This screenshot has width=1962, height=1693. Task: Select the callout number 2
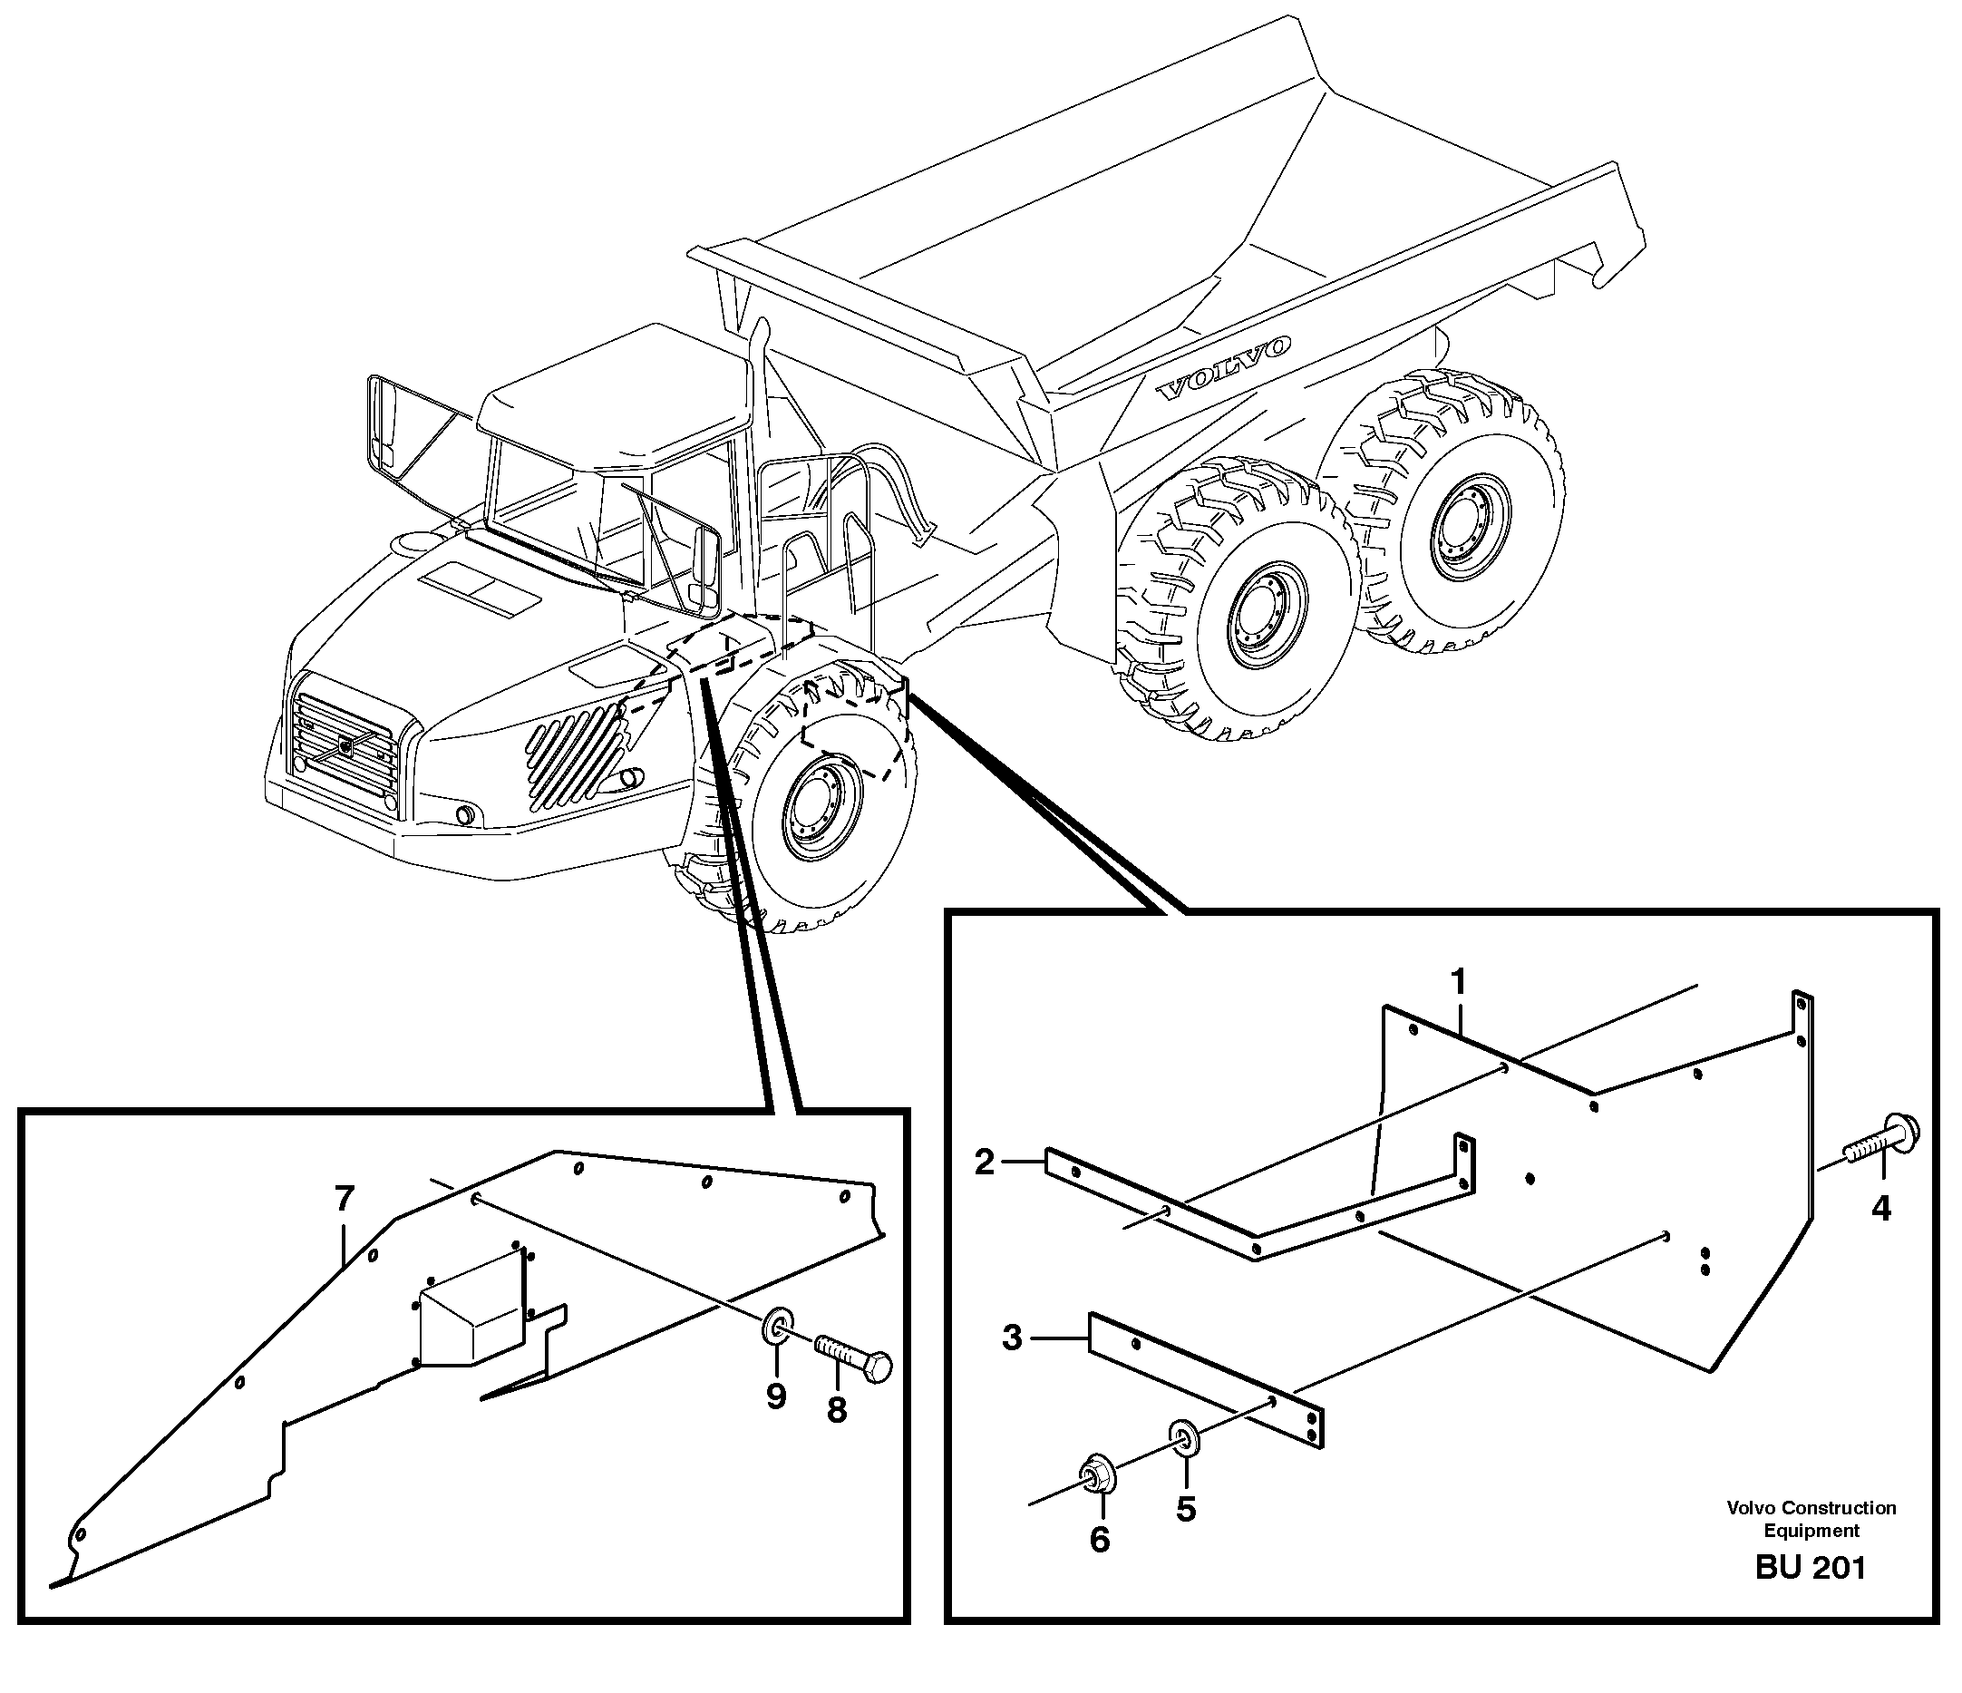coord(985,1163)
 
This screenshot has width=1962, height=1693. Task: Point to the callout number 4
coord(1879,1208)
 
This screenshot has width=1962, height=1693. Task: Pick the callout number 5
coord(1186,1508)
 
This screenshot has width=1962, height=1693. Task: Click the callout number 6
coord(1099,1540)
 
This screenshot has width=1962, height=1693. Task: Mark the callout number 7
coord(344,1201)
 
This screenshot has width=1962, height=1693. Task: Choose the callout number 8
coord(836,1411)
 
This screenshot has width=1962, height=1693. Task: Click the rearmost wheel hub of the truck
coord(1464,529)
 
